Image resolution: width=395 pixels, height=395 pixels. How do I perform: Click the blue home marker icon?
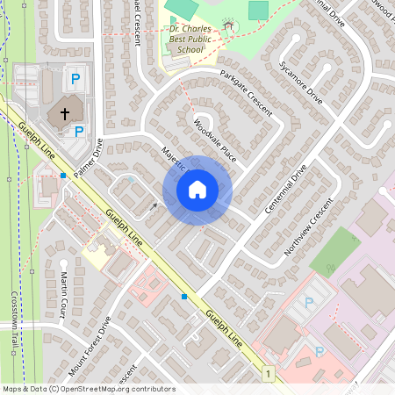pos(197,190)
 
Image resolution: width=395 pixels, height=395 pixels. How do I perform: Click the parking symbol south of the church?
pos(79,132)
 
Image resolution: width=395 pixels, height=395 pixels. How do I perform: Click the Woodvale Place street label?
pos(216,140)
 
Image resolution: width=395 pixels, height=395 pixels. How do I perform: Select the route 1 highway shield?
pos(267,375)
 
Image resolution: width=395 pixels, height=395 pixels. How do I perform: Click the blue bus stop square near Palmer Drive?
pos(63,176)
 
